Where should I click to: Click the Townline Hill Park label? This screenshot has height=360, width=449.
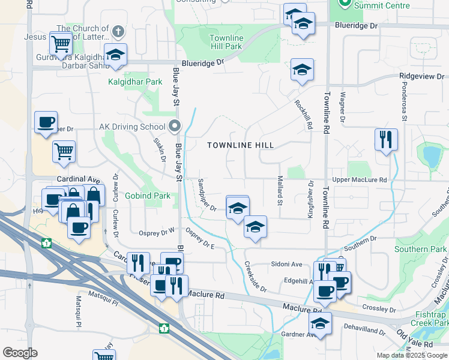tap(226, 42)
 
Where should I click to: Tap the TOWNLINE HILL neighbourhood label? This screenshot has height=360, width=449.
tap(240, 145)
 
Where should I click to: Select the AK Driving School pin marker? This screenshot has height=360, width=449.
tap(175, 126)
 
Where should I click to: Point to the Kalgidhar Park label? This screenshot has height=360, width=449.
tap(135, 82)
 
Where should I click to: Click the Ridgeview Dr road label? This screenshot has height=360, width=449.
tap(423, 76)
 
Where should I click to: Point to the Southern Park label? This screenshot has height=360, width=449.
tap(421, 249)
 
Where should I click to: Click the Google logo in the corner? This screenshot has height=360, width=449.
tap(20, 353)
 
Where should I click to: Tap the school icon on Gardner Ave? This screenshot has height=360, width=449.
tap(321, 323)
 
